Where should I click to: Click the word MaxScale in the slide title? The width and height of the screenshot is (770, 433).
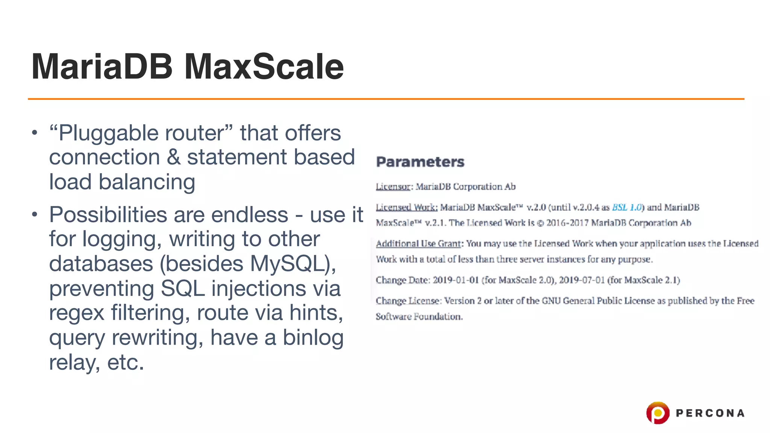tap(264, 67)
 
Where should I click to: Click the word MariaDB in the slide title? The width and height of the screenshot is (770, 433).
tap(102, 67)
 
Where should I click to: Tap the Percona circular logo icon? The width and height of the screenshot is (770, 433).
tap(658, 413)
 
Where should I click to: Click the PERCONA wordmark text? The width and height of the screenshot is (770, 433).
tap(710, 413)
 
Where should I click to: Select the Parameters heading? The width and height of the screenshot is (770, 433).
tap(420, 162)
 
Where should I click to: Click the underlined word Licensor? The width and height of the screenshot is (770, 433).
tap(393, 187)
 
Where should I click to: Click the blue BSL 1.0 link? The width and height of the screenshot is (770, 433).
tap(627, 207)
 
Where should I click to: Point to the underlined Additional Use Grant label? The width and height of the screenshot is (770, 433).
tap(418, 244)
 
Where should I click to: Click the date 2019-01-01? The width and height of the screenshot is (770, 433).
tap(455, 280)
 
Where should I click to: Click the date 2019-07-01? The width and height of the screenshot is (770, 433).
tap(582, 280)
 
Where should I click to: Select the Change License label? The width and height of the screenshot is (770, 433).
tap(407, 301)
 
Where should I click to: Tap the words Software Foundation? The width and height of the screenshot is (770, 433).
tap(419, 316)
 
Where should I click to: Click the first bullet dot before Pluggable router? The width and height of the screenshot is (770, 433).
tap(35, 133)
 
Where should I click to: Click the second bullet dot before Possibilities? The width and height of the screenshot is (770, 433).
tap(35, 215)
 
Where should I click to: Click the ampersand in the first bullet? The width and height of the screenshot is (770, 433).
tap(173, 157)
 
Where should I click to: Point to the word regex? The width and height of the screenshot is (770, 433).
tap(76, 313)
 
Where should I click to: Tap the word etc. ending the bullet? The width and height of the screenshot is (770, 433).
tap(126, 362)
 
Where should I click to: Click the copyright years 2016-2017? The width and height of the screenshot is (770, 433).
tap(567, 223)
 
